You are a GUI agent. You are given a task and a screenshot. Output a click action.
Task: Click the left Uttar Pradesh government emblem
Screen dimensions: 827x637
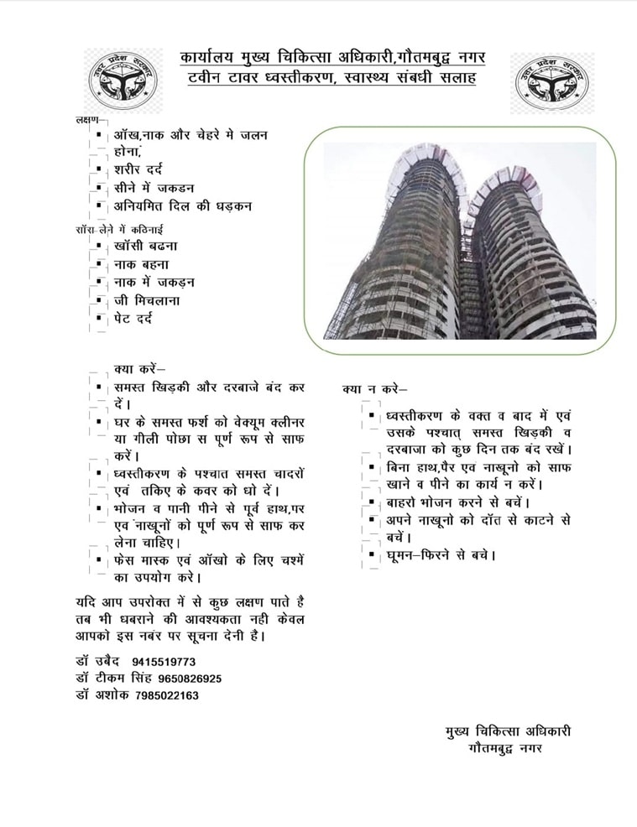123,84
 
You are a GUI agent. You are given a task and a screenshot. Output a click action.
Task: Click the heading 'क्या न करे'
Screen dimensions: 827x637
374,389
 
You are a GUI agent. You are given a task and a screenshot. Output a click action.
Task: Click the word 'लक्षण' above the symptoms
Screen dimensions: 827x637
86,120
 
